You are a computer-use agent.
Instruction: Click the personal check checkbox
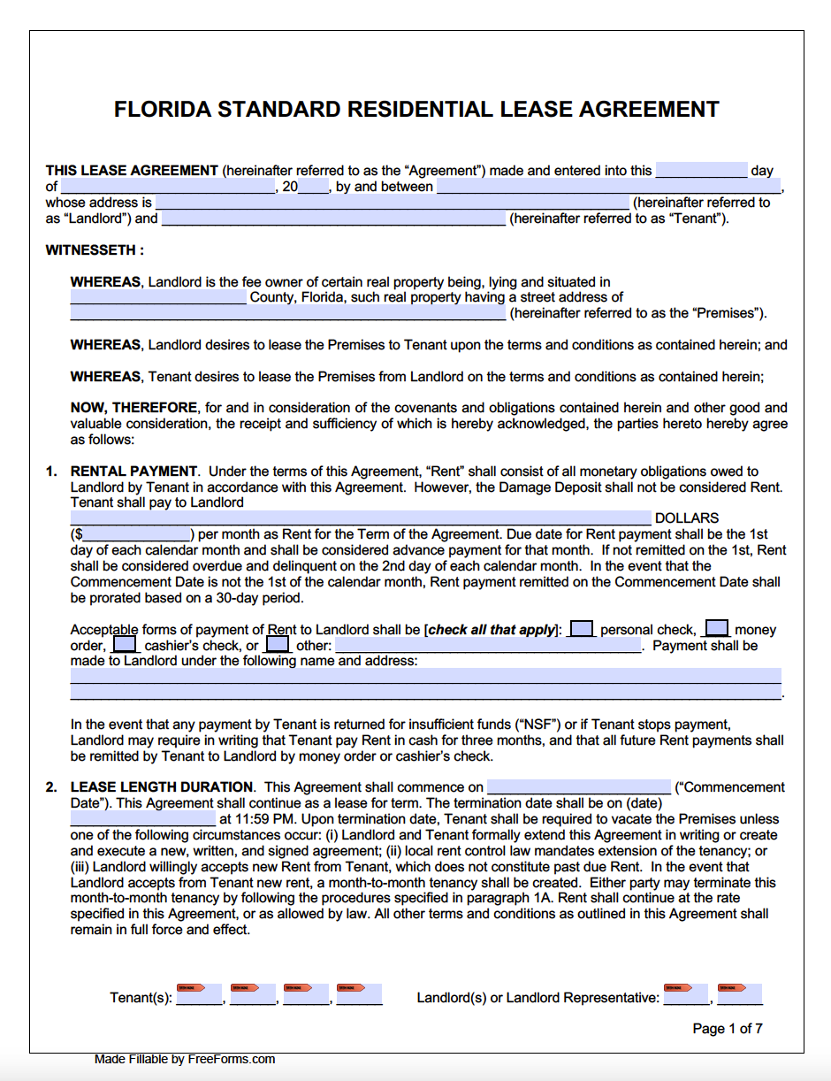click(x=582, y=629)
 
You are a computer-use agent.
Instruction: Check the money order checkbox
click(x=717, y=629)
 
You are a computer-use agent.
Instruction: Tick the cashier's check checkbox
click(x=126, y=645)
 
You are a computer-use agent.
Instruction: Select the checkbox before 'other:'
click(x=278, y=645)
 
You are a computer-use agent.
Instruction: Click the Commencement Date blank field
click(x=579, y=787)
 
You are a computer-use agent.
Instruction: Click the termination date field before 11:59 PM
click(x=142, y=819)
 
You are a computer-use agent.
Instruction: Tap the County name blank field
click(x=158, y=297)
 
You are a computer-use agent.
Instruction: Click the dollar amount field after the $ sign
click(x=137, y=534)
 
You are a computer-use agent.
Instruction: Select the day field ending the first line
click(x=701, y=171)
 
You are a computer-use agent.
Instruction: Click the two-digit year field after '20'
click(x=314, y=187)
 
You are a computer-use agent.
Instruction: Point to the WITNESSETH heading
click(x=95, y=250)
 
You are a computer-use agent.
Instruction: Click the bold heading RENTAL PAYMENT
click(x=133, y=471)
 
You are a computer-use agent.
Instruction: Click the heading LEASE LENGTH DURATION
click(x=162, y=787)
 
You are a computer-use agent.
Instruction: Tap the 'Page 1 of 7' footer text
click(x=727, y=1028)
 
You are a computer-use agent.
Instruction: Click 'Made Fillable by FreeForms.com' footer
click(x=185, y=1059)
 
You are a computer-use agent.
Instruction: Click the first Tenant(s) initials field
click(x=200, y=995)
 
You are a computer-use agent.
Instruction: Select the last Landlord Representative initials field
click(x=740, y=995)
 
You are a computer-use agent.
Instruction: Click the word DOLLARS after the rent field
click(x=687, y=518)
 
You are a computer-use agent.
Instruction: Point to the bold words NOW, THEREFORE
click(x=133, y=408)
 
